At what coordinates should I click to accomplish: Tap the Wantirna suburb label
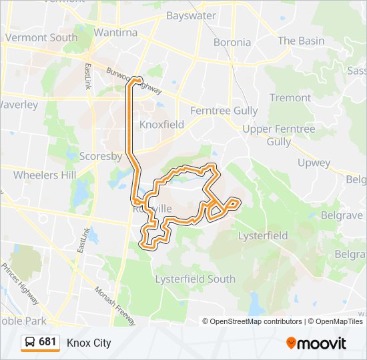115,32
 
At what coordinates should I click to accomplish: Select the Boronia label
232,42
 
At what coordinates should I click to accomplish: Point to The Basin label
301,41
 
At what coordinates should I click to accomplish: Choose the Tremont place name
290,97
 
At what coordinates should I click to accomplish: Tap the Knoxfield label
161,124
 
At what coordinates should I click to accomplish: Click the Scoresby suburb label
100,157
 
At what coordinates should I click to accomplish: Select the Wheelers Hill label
45,175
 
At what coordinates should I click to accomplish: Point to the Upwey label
314,163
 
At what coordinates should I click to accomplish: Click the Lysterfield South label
195,279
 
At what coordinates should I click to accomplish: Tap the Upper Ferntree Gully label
278,135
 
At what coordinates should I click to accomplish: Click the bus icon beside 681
30,342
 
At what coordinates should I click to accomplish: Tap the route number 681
47,342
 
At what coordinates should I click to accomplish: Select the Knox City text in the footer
89,343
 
